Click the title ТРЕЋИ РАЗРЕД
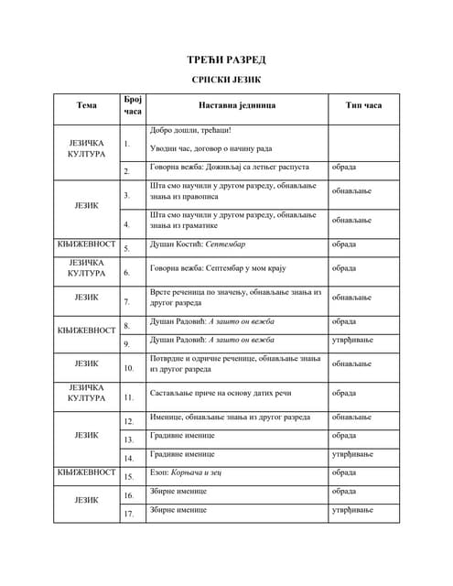226,60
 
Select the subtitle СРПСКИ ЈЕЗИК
226,81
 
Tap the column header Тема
86,105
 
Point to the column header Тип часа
363,105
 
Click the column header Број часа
132,105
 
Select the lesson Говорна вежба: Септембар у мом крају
219,268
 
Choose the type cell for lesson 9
352,340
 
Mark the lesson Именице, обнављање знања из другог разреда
229,418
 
